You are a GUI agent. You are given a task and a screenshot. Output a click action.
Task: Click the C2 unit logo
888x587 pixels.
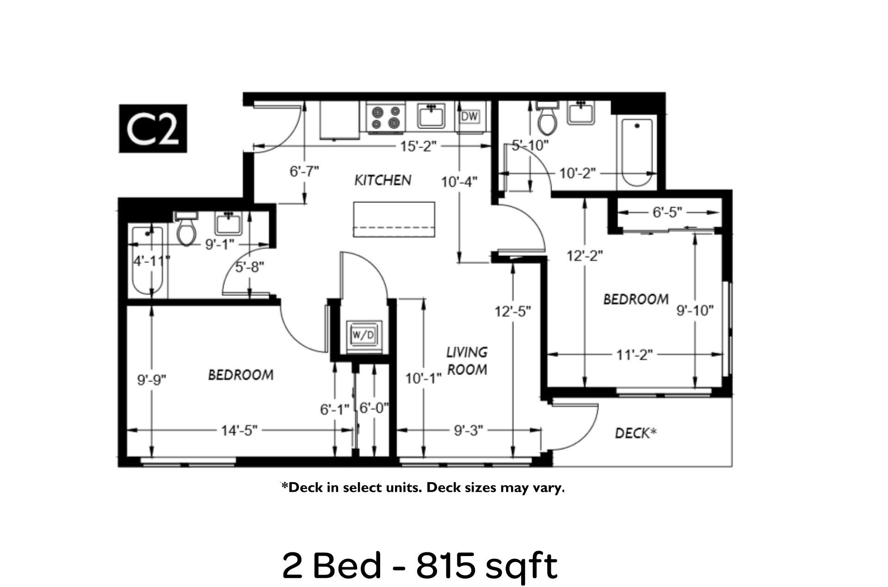click(x=153, y=128)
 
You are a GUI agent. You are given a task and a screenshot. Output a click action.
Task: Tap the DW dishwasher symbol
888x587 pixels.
click(x=469, y=117)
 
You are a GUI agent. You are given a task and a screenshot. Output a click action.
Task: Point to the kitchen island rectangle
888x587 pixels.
click(x=394, y=219)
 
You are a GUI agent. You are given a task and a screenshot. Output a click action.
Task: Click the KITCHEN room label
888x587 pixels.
click(x=383, y=180)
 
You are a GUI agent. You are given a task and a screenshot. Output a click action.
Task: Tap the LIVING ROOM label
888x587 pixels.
click(x=467, y=361)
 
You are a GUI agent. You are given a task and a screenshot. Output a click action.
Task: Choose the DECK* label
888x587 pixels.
click(x=636, y=433)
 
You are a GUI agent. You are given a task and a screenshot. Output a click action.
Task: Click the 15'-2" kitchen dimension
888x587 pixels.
click(x=418, y=147)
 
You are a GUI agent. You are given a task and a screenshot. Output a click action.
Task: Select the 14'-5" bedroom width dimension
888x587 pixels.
click(x=239, y=430)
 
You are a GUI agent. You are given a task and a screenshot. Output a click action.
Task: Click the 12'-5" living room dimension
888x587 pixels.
click(x=512, y=312)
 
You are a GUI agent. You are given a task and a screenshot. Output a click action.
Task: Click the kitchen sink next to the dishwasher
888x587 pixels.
click(x=432, y=116)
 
